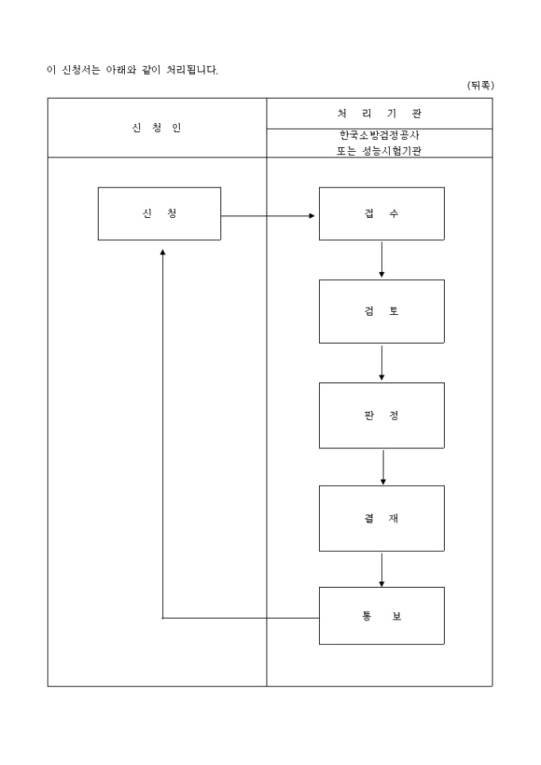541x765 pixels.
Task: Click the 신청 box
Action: tap(159, 214)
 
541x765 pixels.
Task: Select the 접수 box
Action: tap(381, 214)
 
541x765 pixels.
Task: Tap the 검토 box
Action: tap(381, 311)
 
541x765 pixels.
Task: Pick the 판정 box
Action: tap(381, 415)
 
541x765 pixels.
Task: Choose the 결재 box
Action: tap(381, 518)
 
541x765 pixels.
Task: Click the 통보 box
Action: tap(381, 615)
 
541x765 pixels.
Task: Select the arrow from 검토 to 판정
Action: tap(382, 363)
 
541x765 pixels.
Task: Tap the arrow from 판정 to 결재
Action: tap(383, 467)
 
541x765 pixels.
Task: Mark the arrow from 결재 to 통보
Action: tap(382, 569)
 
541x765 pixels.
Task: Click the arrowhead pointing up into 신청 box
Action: tap(162, 251)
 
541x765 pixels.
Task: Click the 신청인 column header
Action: tap(157, 128)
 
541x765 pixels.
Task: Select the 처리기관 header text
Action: tap(379, 114)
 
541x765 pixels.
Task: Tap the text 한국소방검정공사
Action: tap(379, 135)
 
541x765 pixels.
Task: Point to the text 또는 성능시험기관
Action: tap(379, 150)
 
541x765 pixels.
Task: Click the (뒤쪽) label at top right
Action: tap(480, 86)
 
